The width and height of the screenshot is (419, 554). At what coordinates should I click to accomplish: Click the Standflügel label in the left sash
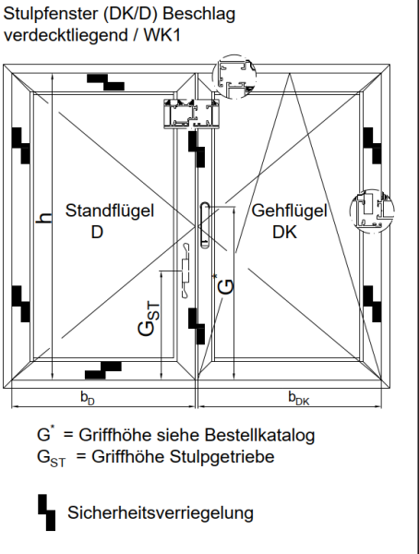click(109, 211)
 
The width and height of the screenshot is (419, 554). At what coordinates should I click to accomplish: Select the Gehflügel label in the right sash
click(290, 211)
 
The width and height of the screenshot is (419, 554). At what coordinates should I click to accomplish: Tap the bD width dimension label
click(87, 398)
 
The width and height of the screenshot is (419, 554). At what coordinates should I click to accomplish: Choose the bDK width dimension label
click(298, 398)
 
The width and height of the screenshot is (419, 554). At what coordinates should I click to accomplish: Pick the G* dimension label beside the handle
click(224, 282)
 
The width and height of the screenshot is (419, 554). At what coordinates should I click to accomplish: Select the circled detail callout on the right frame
click(372, 211)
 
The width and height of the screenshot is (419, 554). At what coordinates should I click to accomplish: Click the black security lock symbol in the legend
click(43, 509)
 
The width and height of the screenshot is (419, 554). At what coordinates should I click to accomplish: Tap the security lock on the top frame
click(107, 82)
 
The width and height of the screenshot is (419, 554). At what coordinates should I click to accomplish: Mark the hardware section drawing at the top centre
click(191, 114)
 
